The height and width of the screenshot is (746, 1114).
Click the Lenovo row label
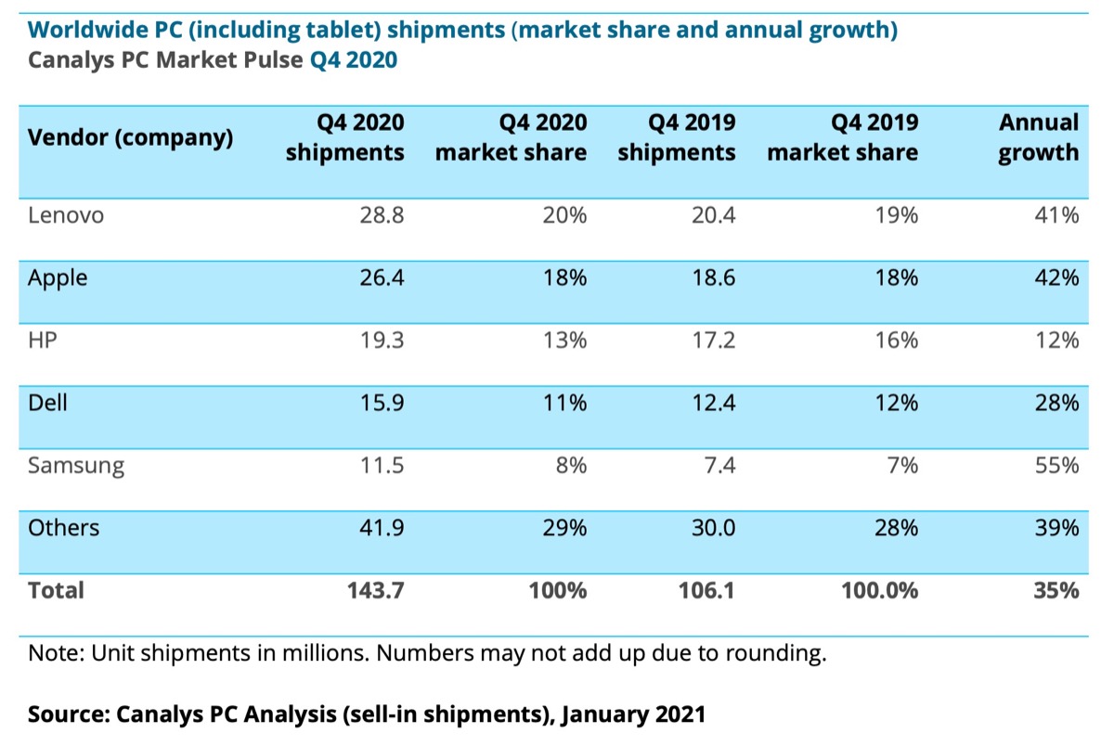[x=66, y=215]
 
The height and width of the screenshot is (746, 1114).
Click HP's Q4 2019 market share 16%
[x=896, y=341]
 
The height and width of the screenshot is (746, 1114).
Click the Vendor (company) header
[x=131, y=138]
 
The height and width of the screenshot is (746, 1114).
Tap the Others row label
[x=64, y=528]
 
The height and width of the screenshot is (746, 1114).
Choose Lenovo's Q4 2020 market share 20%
[x=564, y=215]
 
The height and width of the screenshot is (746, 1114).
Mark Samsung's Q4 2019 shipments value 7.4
[x=719, y=466]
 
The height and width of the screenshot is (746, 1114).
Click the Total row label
[x=56, y=590]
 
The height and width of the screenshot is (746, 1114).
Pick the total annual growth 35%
[x=1056, y=590]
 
